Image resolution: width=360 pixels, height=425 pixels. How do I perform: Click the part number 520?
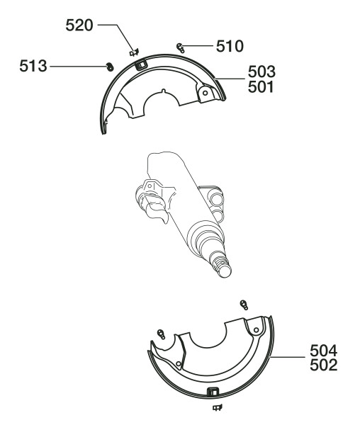click(79, 25)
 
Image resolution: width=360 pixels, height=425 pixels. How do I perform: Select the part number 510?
click(230, 46)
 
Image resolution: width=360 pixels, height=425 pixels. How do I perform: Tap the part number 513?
click(33, 66)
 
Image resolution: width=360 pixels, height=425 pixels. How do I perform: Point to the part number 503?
click(261, 72)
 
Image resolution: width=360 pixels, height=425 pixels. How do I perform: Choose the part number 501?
click(261, 87)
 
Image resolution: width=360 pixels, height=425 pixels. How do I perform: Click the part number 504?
click(324, 351)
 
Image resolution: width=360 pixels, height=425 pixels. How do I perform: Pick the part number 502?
click(324, 365)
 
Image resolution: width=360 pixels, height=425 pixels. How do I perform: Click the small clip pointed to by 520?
click(134, 52)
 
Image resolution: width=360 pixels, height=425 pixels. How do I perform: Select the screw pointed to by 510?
click(181, 48)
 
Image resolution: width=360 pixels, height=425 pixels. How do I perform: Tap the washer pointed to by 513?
click(110, 67)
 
